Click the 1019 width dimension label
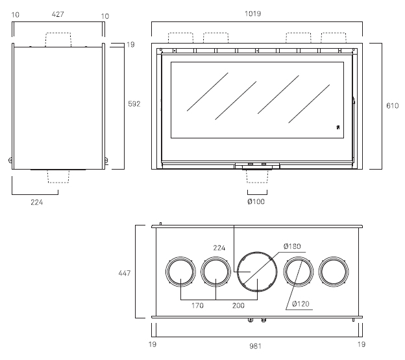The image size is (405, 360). (252, 14)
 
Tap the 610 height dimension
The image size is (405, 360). (392, 105)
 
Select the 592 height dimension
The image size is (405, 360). (134, 104)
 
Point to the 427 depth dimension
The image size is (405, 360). (58, 14)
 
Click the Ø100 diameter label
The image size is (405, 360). (256, 201)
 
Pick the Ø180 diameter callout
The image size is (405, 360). (292, 246)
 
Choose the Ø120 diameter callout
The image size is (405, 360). (301, 303)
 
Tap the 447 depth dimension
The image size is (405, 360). (124, 273)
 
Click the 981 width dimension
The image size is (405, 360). (255, 346)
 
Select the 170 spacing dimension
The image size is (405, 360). (197, 305)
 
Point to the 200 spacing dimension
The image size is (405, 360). (238, 305)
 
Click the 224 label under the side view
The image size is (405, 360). (37, 202)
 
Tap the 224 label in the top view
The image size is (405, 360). (219, 248)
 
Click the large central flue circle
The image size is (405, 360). (257, 251)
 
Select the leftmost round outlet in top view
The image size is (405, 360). (180, 257)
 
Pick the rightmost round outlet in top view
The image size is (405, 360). (334, 257)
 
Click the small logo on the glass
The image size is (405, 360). (338, 127)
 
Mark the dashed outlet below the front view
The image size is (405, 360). (257, 183)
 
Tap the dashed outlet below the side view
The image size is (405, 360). (58, 183)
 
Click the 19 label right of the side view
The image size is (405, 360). (130, 44)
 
